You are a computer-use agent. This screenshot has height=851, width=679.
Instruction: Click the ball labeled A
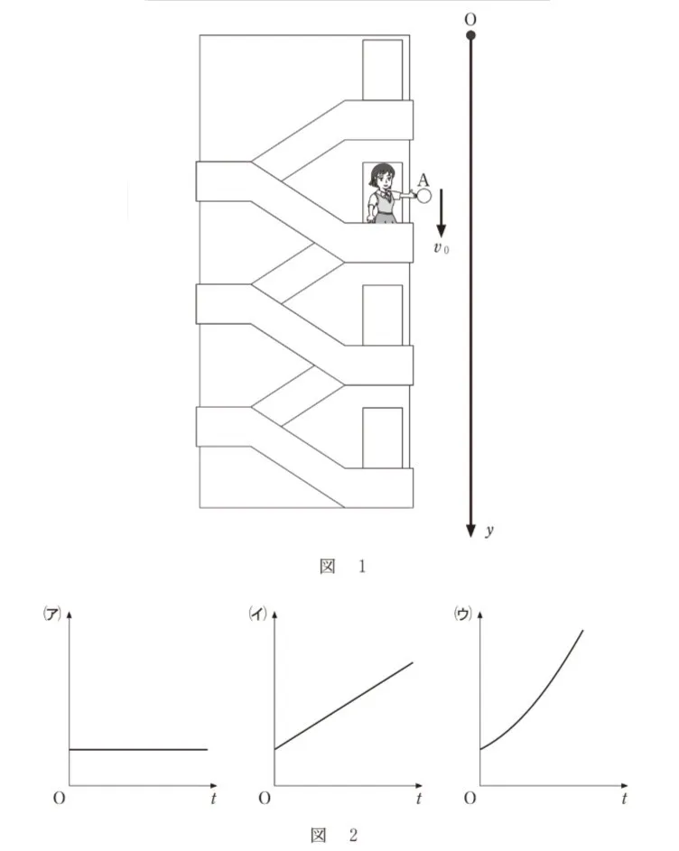423,196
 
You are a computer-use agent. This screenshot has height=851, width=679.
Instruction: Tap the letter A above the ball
423,180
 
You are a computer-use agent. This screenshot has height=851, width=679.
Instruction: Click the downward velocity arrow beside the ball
441,213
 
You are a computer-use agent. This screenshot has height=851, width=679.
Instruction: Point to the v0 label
441,248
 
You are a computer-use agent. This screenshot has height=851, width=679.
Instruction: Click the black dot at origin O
471,36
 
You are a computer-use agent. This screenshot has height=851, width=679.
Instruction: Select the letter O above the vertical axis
470,20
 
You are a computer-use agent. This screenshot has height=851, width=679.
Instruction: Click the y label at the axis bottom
489,531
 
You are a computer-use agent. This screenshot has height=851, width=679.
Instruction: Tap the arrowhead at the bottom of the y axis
471,532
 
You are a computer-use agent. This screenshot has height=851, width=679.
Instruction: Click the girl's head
382,176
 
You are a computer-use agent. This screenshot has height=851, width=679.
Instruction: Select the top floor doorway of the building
383,70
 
